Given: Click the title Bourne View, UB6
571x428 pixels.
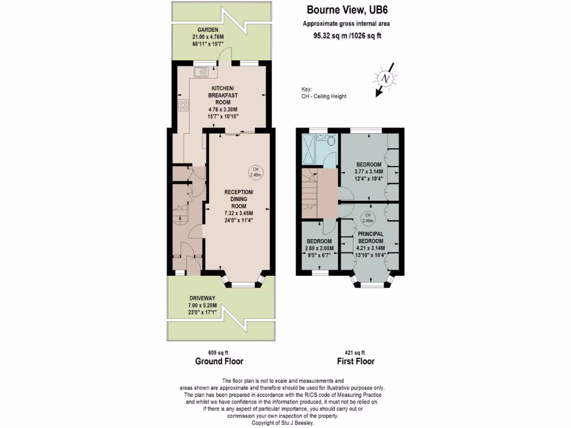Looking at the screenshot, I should [346, 10].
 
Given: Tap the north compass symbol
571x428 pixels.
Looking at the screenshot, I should [385, 79].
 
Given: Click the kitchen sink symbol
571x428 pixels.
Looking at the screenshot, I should [202, 72].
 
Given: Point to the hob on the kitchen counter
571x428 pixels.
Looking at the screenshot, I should [183, 105].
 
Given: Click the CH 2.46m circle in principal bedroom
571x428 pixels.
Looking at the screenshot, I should [367, 217].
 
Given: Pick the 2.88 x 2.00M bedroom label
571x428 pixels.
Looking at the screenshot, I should [320, 249].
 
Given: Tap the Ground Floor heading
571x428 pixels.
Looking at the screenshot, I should [219, 361].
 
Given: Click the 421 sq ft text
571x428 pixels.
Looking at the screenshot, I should [355, 352].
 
